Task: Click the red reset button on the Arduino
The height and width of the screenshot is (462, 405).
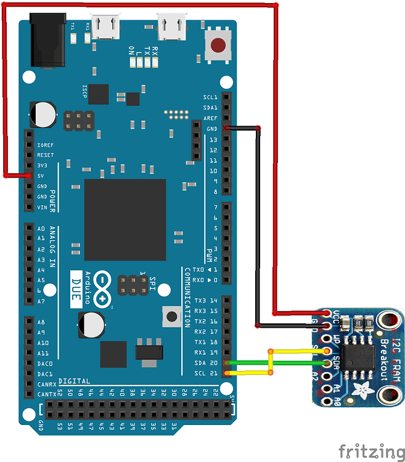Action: [218, 46]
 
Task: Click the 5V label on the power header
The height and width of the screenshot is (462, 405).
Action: [41, 176]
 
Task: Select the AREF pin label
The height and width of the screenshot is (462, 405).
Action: [210, 118]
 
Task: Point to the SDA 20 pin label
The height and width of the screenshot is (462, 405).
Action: [206, 363]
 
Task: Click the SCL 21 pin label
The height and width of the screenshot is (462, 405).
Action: [206, 373]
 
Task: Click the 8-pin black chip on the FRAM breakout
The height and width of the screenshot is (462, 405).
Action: [357, 355]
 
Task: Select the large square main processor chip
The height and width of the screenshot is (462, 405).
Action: [125, 220]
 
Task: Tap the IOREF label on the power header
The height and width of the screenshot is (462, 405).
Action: [45, 145]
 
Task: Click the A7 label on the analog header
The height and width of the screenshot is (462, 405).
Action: [41, 301]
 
